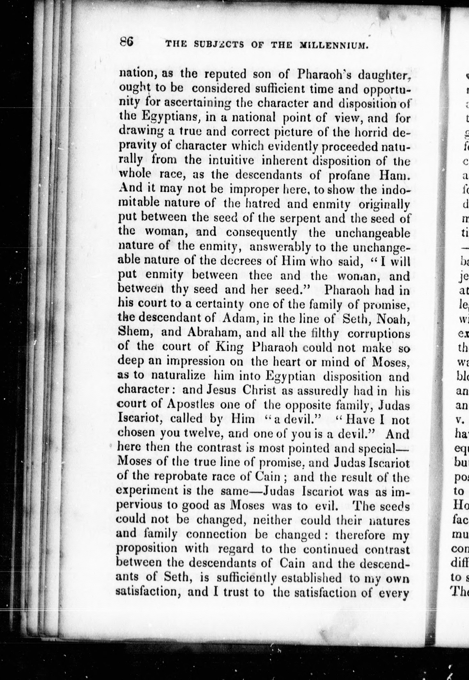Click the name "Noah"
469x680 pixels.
point(394,319)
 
